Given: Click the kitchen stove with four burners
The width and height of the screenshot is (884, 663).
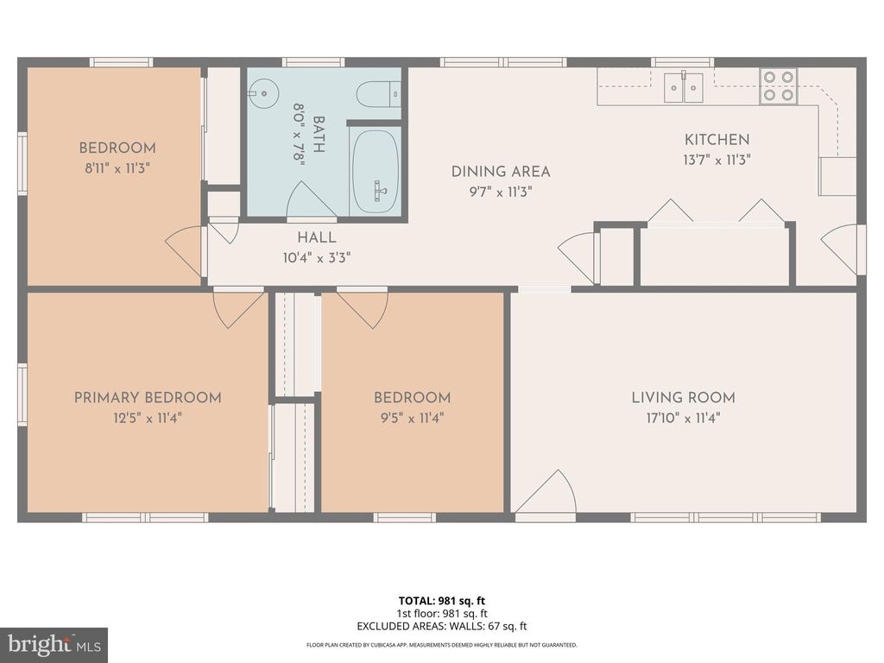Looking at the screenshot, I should pos(778,86).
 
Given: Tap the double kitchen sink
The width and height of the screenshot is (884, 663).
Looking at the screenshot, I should pos(683,87).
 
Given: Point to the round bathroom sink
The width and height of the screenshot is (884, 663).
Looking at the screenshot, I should pos(262,89).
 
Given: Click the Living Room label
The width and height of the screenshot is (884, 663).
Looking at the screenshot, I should pos(683,398).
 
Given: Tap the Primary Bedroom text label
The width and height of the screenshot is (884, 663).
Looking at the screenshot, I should pos(148,398).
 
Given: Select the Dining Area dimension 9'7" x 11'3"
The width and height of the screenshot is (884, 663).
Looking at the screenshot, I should pos(501,192).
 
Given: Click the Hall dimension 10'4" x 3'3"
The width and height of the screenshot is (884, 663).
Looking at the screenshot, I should pos(317,257).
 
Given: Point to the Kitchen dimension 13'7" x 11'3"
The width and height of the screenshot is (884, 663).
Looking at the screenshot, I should pos(717,160).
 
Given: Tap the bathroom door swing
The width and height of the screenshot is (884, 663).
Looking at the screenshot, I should pos(309,200).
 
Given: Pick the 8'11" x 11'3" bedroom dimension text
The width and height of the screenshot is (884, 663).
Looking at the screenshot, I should pos(117,169).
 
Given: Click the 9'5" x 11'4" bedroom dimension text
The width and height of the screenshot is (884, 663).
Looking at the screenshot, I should pos(412,419).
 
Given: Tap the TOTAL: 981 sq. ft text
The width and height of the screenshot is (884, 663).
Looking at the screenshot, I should pos(441,601).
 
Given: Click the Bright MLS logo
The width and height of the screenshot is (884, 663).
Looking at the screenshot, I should pos(53,645).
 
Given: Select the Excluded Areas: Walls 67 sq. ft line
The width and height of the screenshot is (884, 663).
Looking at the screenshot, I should pos(441,627).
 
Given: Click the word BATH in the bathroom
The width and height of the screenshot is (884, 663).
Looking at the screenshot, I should pos(319,135).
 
